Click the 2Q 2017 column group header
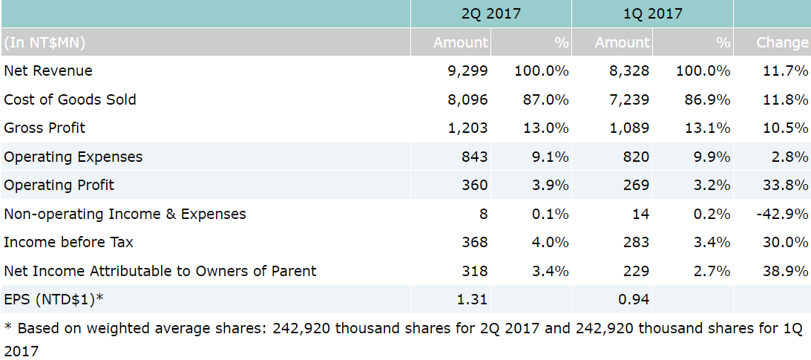coord(490,13)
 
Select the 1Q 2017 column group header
coord(652,13)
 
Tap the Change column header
coord(782,42)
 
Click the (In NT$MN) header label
coord(45,42)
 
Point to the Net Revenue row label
coord(48,71)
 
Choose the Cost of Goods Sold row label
coord(70,99)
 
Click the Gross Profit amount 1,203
coord(467,128)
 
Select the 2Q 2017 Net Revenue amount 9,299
coord(467,71)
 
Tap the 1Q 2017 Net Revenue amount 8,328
coord(629,71)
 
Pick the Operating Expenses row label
coord(73,157)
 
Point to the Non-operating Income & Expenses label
coord(125,214)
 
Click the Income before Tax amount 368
coord(474,242)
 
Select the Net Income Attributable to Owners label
coord(160,271)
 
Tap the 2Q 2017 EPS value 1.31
coord(473,299)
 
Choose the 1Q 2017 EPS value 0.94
coord(634,299)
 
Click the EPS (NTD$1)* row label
coord(53,299)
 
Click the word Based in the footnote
coord(37,328)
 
